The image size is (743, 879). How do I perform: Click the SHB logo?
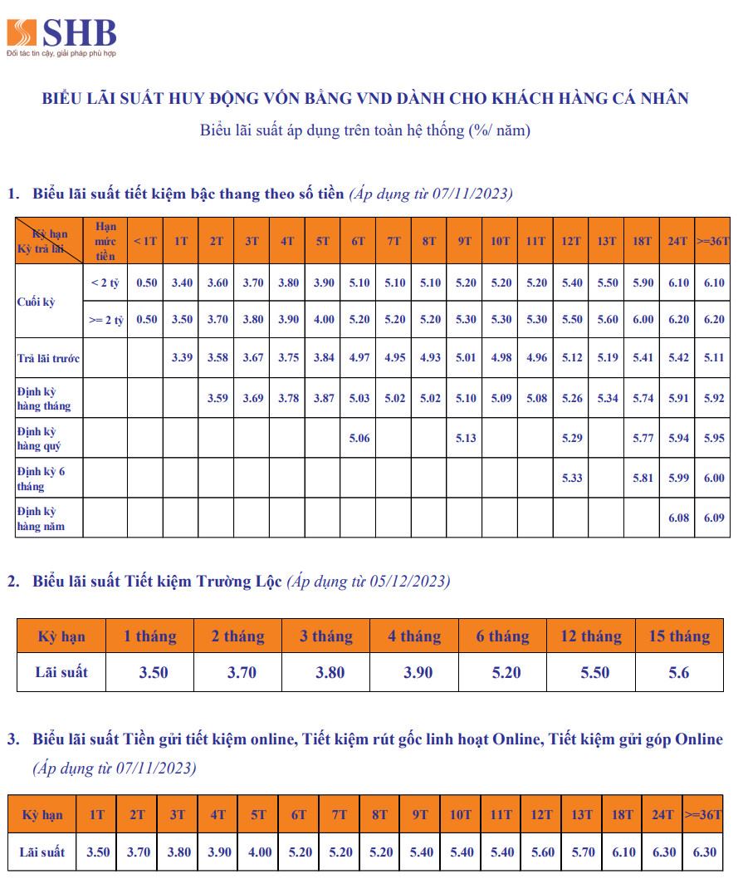(61, 35)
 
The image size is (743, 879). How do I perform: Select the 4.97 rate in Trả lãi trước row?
(359, 358)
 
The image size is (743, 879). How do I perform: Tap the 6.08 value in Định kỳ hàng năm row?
(678, 518)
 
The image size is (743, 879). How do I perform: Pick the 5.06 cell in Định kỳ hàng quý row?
(359, 438)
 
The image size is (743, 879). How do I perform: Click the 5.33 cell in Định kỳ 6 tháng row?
(572, 478)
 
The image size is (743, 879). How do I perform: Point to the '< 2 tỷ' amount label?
(105, 282)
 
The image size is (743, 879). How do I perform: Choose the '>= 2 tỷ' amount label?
(105, 319)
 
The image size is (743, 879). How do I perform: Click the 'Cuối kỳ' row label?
(36, 302)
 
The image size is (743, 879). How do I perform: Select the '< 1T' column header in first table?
(145, 241)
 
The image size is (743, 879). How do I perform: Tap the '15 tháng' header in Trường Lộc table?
(678, 636)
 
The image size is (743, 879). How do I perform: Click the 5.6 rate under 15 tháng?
(678, 673)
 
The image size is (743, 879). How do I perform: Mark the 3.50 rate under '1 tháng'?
(153, 673)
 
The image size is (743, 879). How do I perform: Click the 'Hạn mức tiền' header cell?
(105, 240)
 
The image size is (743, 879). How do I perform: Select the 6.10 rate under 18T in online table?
(623, 852)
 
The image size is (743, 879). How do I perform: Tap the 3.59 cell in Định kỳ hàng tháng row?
(216, 398)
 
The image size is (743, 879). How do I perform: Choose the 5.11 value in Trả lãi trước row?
(713, 358)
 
